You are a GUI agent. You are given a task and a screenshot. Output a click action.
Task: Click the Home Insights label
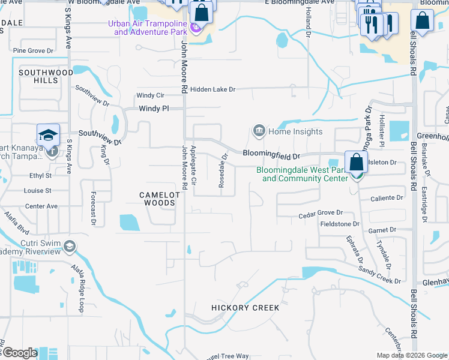[295, 131]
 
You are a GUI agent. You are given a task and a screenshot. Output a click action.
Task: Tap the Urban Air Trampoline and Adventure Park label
[147, 28]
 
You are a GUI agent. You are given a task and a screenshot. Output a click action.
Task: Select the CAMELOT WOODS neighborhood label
[157, 199]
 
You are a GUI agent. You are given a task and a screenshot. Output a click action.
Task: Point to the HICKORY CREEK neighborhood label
[245, 308]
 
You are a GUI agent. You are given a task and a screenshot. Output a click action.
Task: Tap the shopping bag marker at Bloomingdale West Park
[357, 163]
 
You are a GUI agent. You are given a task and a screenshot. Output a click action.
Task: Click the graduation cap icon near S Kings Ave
[48, 136]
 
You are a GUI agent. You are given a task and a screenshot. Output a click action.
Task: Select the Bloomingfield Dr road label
[271, 155]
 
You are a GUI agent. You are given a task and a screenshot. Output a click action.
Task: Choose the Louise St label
[37, 191]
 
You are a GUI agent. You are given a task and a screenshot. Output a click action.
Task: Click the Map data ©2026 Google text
[411, 355]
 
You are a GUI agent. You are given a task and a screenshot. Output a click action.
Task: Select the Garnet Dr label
[384, 229]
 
